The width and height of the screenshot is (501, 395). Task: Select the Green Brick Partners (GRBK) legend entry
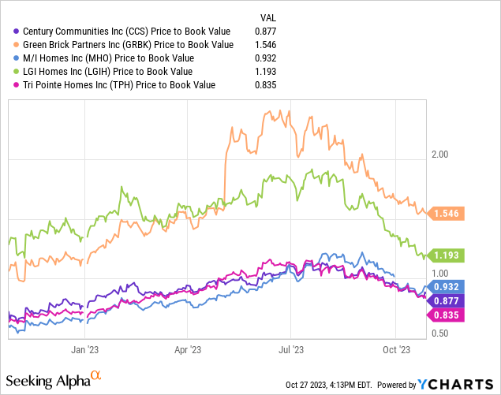tap(127, 44)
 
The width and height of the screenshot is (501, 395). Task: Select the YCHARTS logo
tap(457, 384)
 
